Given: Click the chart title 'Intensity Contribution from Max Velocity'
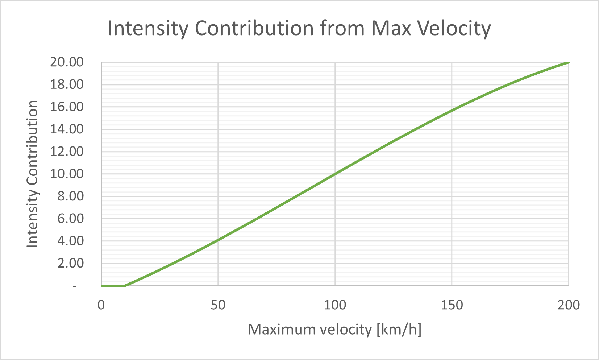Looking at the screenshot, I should (299, 28).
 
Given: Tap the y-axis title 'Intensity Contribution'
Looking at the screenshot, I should (33, 174).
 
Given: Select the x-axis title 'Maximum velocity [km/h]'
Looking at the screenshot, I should (334, 330).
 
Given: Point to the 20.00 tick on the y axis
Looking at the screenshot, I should (67, 62).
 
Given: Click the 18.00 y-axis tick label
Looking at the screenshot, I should (67, 84).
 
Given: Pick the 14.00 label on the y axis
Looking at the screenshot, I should (67, 129).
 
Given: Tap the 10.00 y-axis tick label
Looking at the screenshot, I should (67, 174).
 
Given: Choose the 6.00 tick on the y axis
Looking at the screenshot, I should (70, 219).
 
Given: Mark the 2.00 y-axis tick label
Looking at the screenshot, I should (70, 263).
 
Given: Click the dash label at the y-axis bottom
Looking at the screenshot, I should (75, 286).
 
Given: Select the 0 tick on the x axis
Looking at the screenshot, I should (101, 305).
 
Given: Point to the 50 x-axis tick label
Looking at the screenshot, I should (218, 305).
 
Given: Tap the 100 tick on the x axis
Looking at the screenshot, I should (335, 305).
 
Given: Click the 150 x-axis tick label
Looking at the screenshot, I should (452, 305).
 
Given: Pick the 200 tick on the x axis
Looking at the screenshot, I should (569, 305).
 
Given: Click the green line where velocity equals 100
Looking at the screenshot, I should (335, 174).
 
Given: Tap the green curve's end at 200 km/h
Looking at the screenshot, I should (568, 62).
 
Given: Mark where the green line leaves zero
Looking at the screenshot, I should (125, 286).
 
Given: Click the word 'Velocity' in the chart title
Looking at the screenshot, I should (453, 28).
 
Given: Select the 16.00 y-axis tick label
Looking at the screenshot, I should (67, 107).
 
